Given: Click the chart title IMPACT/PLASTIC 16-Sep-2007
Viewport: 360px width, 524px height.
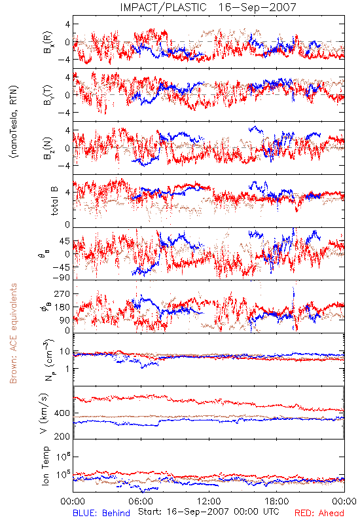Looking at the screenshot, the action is [x=208, y=7].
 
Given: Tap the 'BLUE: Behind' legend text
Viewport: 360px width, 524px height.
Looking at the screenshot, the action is [x=101, y=513].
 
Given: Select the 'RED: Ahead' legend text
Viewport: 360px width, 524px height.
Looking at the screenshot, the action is [x=319, y=513].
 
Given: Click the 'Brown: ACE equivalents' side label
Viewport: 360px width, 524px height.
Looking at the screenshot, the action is [x=13, y=333].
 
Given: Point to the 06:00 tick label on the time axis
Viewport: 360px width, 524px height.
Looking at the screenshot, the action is [x=141, y=501].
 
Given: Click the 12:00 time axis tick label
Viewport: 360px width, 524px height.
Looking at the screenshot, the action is [x=209, y=501].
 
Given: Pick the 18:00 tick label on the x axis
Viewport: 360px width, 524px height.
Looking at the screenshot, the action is [x=277, y=501].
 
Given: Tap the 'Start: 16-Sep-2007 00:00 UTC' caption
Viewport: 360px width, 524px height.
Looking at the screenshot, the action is [x=209, y=512].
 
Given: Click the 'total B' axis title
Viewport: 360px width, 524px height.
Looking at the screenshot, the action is [x=55, y=200].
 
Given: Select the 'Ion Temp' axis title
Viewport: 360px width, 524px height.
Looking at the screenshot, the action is [x=45, y=466].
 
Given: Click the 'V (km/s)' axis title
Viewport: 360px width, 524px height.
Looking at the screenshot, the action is [x=45, y=413].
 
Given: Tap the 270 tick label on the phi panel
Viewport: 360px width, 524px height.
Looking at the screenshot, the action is [x=62, y=293].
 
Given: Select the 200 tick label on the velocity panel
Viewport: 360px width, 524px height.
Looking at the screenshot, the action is [x=62, y=436].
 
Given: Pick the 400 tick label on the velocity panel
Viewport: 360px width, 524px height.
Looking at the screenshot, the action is [x=62, y=413].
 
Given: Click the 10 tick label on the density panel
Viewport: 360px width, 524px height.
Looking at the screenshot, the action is [x=65, y=352].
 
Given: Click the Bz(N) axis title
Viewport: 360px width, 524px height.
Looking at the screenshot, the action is [x=48, y=148].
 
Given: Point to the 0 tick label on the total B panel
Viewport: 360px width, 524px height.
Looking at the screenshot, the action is [x=67, y=225].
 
